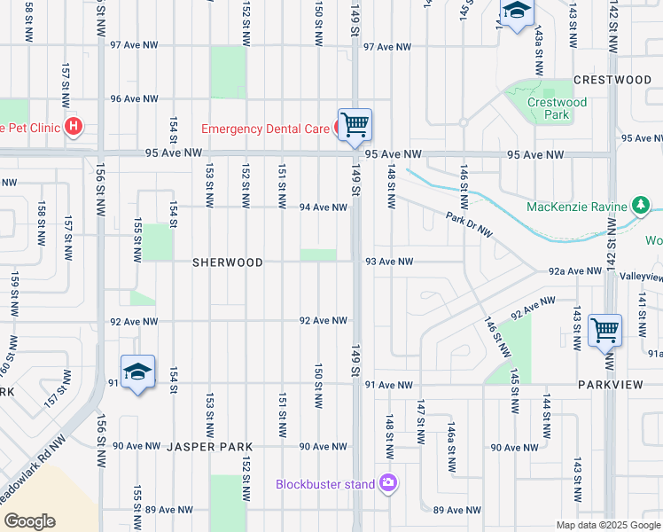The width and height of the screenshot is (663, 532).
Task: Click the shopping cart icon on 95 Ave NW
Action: (x=355, y=125)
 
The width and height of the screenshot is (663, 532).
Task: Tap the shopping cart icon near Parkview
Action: (x=604, y=330)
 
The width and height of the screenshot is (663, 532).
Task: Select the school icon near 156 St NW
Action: (x=137, y=373)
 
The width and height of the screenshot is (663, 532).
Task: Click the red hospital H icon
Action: (x=73, y=128)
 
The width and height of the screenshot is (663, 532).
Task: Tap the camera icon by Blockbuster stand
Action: (x=387, y=483)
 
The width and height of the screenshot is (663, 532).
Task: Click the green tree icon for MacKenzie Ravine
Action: (x=641, y=207)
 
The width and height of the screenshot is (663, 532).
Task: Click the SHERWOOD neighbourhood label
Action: (x=229, y=262)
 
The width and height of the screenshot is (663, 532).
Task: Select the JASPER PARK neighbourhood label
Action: (x=210, y=447)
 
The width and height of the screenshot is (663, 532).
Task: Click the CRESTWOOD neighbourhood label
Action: (x=612, y=80)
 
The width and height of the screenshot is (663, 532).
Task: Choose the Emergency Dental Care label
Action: (x=265, y=129)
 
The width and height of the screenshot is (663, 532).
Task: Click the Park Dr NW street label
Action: (x=469, y=225)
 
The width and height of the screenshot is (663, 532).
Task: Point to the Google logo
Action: (x=29, y=520)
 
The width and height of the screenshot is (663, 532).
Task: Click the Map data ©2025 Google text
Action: (x=608, y=525)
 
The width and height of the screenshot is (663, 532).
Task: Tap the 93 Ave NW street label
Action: (x=389, y=262)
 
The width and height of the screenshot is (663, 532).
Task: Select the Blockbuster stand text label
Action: (x=324, y=484)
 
